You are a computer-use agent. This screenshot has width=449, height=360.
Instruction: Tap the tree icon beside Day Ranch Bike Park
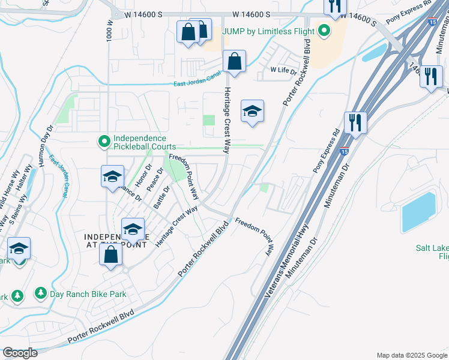coord(41,293)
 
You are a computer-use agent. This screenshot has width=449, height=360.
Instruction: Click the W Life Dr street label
coord(283,70)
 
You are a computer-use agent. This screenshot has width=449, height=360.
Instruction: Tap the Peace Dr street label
coord(155,180)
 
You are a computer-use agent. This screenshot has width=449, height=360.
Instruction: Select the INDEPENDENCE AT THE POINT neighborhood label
coord(112,240)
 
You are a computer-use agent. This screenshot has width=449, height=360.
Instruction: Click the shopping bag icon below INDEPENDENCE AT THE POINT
coord(111,255)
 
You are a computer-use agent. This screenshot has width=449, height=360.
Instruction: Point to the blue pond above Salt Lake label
coord(419,212)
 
